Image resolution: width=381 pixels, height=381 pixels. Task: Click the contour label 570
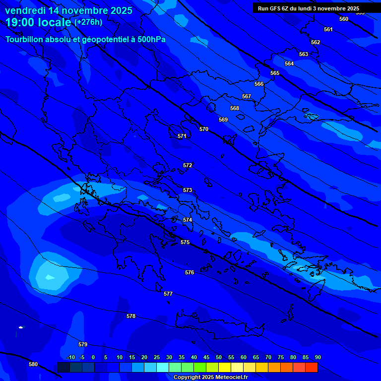204,129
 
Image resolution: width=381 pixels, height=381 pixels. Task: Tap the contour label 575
185,242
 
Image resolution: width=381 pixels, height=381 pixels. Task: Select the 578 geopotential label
131,316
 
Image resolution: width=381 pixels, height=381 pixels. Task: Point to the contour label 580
33,364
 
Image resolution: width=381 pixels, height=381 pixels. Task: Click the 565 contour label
275,73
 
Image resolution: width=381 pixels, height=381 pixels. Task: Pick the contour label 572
188,165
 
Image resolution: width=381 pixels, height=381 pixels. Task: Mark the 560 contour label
344,19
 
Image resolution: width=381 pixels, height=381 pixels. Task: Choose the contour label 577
168,294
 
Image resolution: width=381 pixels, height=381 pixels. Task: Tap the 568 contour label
235,108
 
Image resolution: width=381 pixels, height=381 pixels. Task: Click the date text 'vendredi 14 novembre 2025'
68,10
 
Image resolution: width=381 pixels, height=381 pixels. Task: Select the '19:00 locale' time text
38,22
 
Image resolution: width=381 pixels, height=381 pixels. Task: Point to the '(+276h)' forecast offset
88,22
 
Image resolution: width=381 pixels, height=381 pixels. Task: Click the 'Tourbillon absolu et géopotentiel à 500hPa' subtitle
85,39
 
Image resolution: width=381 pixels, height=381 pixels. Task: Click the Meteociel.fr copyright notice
210,378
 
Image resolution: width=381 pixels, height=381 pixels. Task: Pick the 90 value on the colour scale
317,357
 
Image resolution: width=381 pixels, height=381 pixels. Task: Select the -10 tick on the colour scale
70,357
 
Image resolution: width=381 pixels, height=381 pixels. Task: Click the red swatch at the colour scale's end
311,367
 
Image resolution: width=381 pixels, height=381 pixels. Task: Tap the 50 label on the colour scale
218,357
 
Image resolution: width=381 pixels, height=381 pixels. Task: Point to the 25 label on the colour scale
156,357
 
